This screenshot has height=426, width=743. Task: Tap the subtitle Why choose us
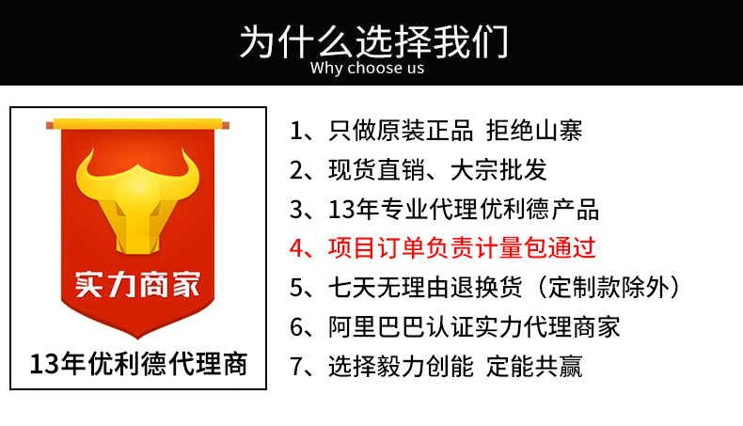tap(367, 68)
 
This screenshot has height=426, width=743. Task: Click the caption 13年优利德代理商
tap(138, 364)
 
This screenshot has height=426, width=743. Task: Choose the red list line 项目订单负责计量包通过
tap(462, 248)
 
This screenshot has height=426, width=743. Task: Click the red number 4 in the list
tap(298, 248)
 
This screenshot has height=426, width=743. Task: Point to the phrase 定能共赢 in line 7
tap(534, 366)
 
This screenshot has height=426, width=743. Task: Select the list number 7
tap(298, 366)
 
